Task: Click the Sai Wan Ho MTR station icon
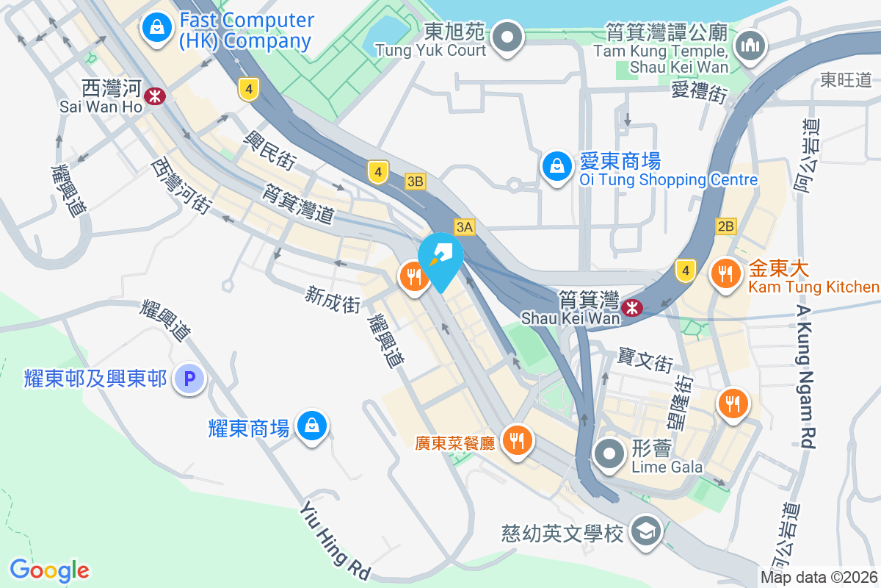155,95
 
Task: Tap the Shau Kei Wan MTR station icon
631,308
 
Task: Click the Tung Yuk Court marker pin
507,36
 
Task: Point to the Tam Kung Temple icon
750,46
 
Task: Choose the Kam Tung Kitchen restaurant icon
726,275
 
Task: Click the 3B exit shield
416,181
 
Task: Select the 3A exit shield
464,227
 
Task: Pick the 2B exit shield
725,226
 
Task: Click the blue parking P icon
189,379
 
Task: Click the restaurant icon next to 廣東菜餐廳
518,440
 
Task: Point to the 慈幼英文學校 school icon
647,531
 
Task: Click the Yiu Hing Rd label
335,540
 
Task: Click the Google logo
49,570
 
